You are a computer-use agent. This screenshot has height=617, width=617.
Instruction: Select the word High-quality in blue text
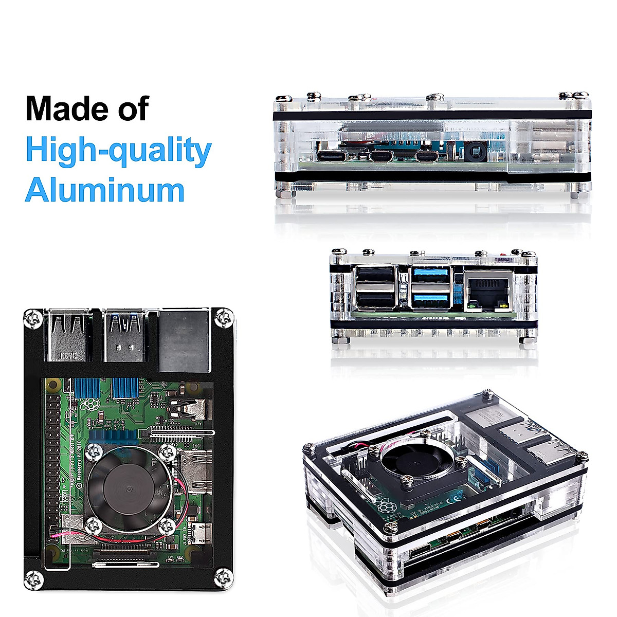click(x=118, y=150)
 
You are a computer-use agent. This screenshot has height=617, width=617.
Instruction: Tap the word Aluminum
click(x=105, y=190)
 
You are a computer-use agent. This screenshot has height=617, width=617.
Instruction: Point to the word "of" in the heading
click(x=132, y=108)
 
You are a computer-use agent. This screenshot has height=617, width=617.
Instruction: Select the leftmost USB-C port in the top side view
click(x=329, y=156)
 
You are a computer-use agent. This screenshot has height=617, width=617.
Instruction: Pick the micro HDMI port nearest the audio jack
click(x=428, y=156)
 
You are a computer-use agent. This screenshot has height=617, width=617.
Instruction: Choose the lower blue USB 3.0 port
click(x=431, y=299)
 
